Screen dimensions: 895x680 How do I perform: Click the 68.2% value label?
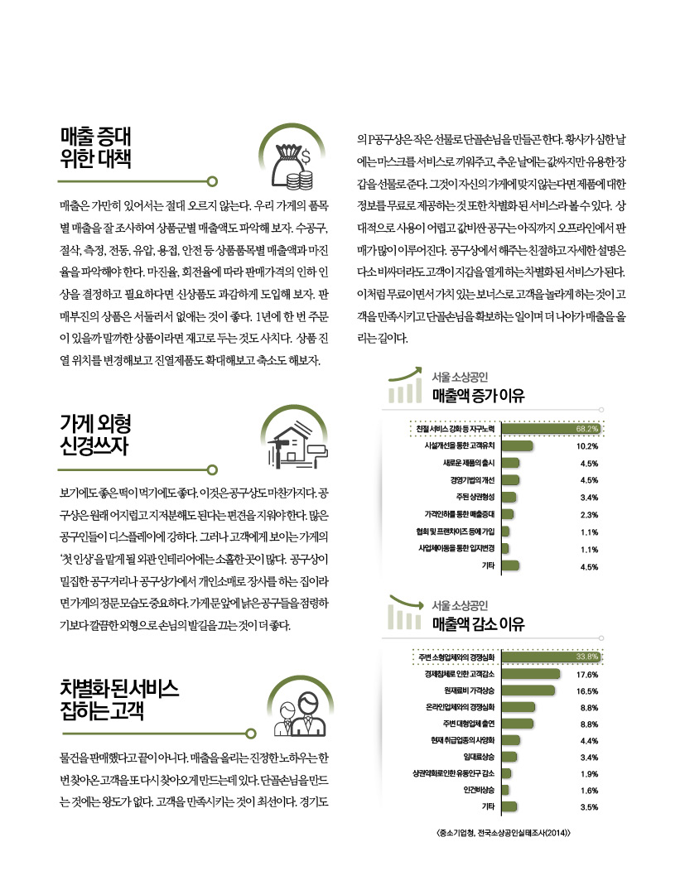click(587, 429)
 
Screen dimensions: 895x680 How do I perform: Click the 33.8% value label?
click(587, 657)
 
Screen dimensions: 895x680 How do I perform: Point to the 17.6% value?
click(587, 674)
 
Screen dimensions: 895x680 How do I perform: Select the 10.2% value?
click(587, 445)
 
